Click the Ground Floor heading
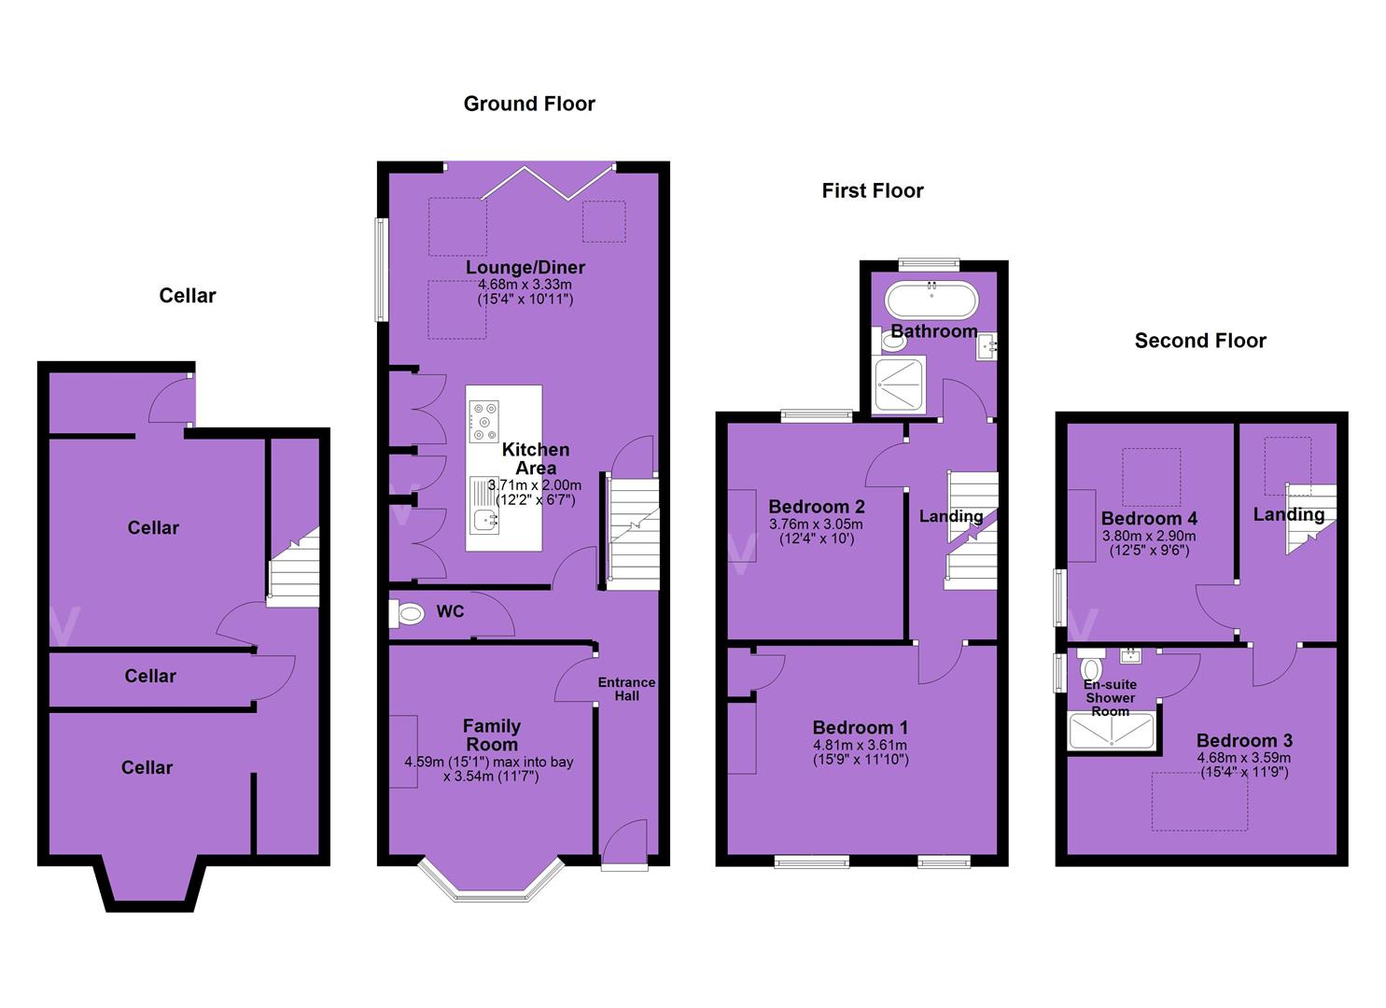(x=529, y=104)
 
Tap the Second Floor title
(x=1200, y=341)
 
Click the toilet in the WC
(x=407, y=614)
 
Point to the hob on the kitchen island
(x=483, y=421)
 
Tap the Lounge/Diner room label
(x=525, y=267)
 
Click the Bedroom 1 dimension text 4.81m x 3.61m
(x=860, y=745)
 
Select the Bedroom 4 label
(x=1149, y=518)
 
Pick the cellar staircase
(x=294, y=567)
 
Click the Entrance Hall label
(x=626, y=689)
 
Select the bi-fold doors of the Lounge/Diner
(x=547, y=183)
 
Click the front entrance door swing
(x=625, y=842)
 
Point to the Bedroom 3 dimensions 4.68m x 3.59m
(x=1244, y=758)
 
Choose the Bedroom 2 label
(x=816, y=506)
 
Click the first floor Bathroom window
(x=930, y=264)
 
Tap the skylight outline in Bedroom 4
(x=1152, y=477)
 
